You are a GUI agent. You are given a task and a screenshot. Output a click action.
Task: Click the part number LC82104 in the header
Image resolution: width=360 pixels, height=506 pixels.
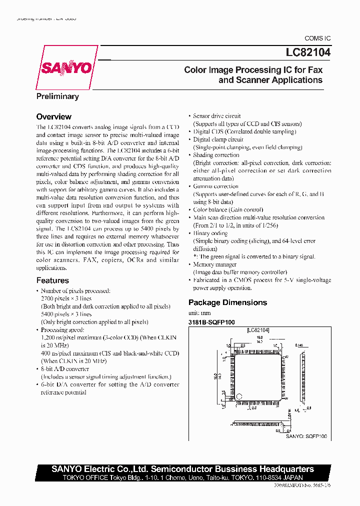pyautogui.click(x=301, y=51)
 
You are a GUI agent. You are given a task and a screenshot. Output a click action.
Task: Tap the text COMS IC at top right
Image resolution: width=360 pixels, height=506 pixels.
pyautogui.click(x=317, y=38)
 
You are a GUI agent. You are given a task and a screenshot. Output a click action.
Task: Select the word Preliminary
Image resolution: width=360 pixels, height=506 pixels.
pyautogui.click(x=57, y=96)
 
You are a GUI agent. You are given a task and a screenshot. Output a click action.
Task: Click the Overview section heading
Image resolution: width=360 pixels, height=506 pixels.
pyautogui.click(x=53, y=117)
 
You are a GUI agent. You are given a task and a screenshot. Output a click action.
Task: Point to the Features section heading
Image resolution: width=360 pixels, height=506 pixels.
pyautogui.click(x=52, y=280)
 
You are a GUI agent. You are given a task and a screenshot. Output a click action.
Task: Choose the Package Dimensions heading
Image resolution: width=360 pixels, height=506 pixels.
pyautogui.click(x=227, y=302)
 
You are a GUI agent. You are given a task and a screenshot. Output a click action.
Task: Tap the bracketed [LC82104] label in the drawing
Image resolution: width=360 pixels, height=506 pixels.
pyautogui.click(x=258, y=330)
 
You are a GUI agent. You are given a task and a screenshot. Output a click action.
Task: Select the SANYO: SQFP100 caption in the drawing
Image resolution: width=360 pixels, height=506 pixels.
pyautogui.click(x=306, y=436)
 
